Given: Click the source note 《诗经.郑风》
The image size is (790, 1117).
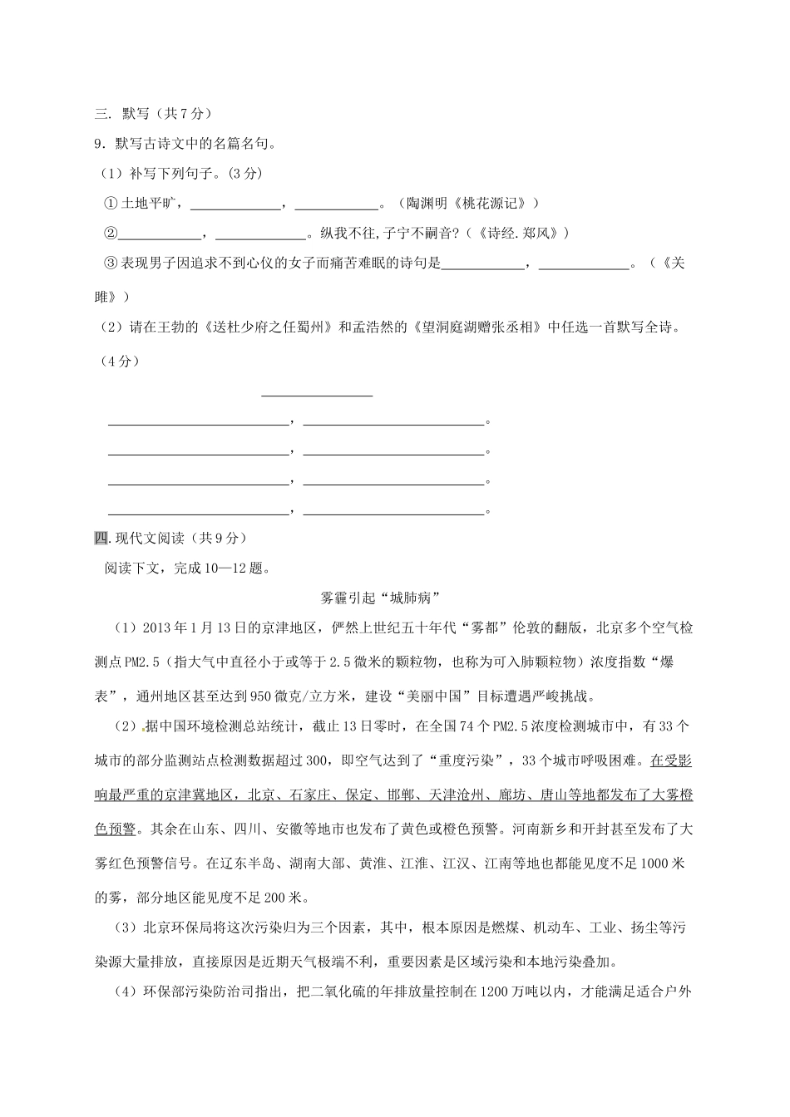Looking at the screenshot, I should (x=516, y=234).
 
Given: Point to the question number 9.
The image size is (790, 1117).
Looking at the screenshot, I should (x=100, y=144).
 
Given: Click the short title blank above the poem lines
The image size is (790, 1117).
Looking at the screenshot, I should (x=317, y=394).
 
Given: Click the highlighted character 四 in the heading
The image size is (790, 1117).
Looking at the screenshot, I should (x=101, y=538).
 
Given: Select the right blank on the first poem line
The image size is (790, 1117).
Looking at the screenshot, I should (x=393, y=423).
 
